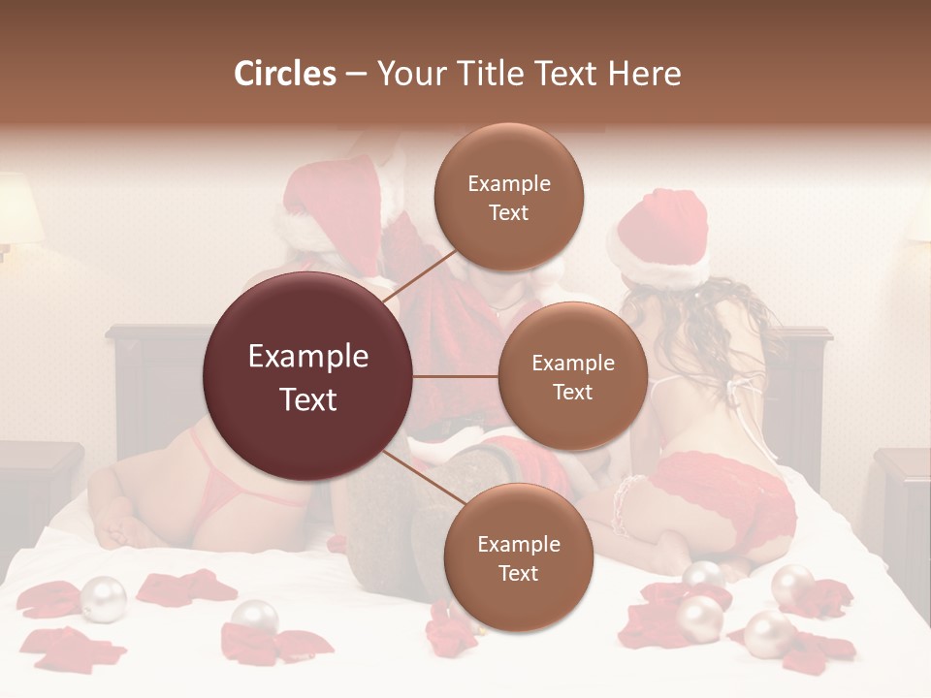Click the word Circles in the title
click(285, 74)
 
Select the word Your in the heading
click(411, 74)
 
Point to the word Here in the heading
click(644, 74)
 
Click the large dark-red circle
click(307, 376)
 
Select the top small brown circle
click(508, 197)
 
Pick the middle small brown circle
click(572, 376)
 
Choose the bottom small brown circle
click(518, 557)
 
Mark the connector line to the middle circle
click(456, 376)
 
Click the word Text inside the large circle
click(307, 399)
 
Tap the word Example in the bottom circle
click(518, 545)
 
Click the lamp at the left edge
click(17, 211)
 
